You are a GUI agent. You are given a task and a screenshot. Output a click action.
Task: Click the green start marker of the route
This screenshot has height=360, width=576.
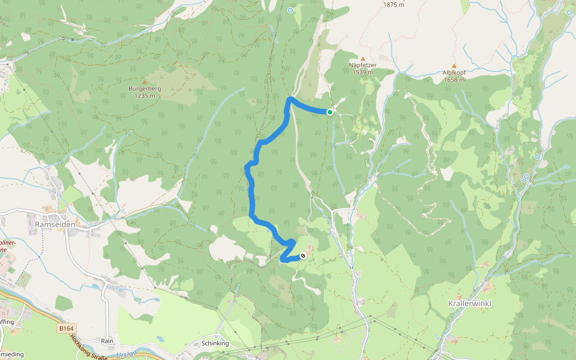point(330,112)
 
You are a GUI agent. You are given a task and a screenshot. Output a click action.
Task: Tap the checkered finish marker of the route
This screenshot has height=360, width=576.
point(303,256)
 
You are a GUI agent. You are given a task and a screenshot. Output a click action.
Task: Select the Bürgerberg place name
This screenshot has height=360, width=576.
point(145,89)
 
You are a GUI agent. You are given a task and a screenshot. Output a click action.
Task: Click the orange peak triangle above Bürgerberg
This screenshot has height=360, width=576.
point(145,82)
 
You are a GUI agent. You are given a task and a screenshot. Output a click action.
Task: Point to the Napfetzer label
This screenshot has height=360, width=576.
point(362,65)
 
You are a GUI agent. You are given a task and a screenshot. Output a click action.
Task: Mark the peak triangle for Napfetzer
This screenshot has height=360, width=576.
point(362,59)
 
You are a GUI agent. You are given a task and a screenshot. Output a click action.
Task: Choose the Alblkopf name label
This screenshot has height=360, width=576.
point(454,72)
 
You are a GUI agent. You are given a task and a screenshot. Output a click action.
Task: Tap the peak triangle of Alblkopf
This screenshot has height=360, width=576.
point(454,65)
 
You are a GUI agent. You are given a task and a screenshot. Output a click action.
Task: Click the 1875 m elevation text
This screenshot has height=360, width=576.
point(394,4)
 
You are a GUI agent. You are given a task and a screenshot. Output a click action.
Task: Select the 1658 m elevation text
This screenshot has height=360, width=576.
point(454,79)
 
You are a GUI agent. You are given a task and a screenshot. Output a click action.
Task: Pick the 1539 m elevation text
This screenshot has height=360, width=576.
point(362,73)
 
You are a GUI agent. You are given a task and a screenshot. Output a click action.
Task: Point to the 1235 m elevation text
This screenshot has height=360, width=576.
point(145,95)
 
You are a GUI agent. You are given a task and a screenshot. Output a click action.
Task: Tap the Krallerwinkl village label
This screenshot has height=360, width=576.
point(470,304)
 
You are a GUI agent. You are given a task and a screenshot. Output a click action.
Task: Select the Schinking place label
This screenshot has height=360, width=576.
point(215,344)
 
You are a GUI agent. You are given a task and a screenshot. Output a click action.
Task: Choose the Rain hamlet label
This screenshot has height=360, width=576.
point(107,341)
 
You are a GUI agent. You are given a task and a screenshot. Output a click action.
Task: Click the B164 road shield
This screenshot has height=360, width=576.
point(67,328)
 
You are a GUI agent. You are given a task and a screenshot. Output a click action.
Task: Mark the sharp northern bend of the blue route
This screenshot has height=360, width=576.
point(290,98)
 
